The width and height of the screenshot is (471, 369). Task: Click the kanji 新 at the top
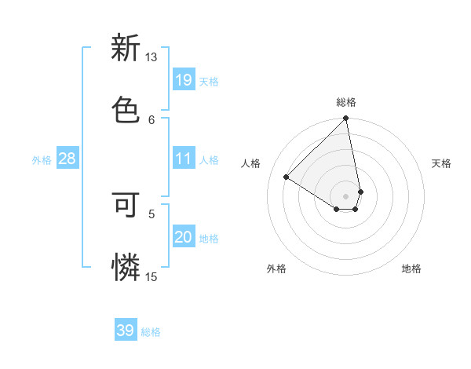pyautogui.click(x=126, y=49)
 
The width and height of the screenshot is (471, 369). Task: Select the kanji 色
pyautogui.click(x=126, y=106)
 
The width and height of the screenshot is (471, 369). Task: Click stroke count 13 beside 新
pyautogui.click(x=152, y=58)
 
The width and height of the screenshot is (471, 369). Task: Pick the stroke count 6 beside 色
pyautogui.click(x=152, y=119)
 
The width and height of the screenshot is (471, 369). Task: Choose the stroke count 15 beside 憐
pyautogui.click(x=152, y=276)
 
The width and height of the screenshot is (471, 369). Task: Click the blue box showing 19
pyautogui.click(x=183, y=80)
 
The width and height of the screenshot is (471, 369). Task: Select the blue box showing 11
pyautogui.click(x=183, y=159)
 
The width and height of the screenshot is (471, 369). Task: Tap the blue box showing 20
pyautogui.click(x=183, y=238)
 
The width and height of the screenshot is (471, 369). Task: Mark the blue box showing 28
pyautogui.click(x=67, y=159)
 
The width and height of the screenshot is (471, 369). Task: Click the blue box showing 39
pyautogui.click(x=126, y=331)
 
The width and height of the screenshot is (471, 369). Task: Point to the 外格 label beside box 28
pyautogui.click(x=42, y=160)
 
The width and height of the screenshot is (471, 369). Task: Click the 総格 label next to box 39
pyautogui.click(x=151, y=332)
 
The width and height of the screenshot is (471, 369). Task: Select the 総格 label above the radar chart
pyautogui.click(x=346, y=102)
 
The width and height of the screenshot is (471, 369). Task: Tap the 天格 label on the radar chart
pyautogui.click(x=442, y=163)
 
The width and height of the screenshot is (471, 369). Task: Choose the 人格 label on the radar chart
pyautogui.click(x=251, y=163)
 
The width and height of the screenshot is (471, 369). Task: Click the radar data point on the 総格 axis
pyautogui.click(x=346, y=119)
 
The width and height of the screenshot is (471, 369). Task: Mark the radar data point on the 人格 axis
pyautogui.click(x=287, y=177)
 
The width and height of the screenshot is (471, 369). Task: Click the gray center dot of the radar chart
pyautogui.click(x=346, y=195)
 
